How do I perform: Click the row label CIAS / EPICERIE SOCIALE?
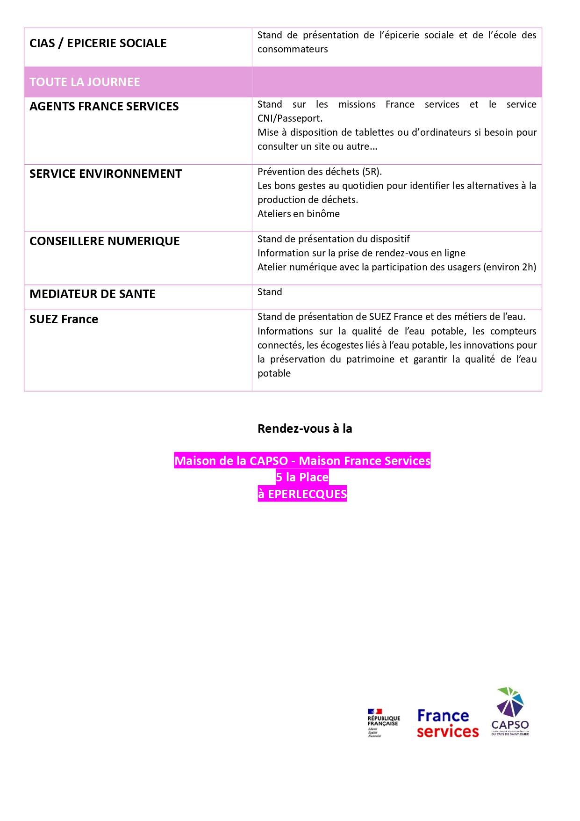[98, 43]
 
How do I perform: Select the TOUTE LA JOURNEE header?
[85, 82]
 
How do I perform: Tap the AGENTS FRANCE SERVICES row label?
[104, 106]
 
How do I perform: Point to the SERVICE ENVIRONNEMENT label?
[105, 174]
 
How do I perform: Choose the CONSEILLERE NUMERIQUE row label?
[104, 241]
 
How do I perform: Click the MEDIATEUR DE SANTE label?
[92, 294]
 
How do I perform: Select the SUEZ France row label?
[64, 319]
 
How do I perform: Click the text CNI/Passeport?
[290, 118]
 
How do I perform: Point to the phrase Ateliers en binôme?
[298, 214]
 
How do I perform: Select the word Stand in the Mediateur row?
[270, 292]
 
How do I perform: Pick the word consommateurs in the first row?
[293, 49]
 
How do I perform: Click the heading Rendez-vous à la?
[305, 429]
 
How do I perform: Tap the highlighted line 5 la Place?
[302, 477]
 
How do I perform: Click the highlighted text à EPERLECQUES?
[302, 494]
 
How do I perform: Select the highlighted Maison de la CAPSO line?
[302, 461]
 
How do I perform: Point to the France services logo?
[447, 723]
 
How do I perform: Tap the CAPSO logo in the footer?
[510, 712]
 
